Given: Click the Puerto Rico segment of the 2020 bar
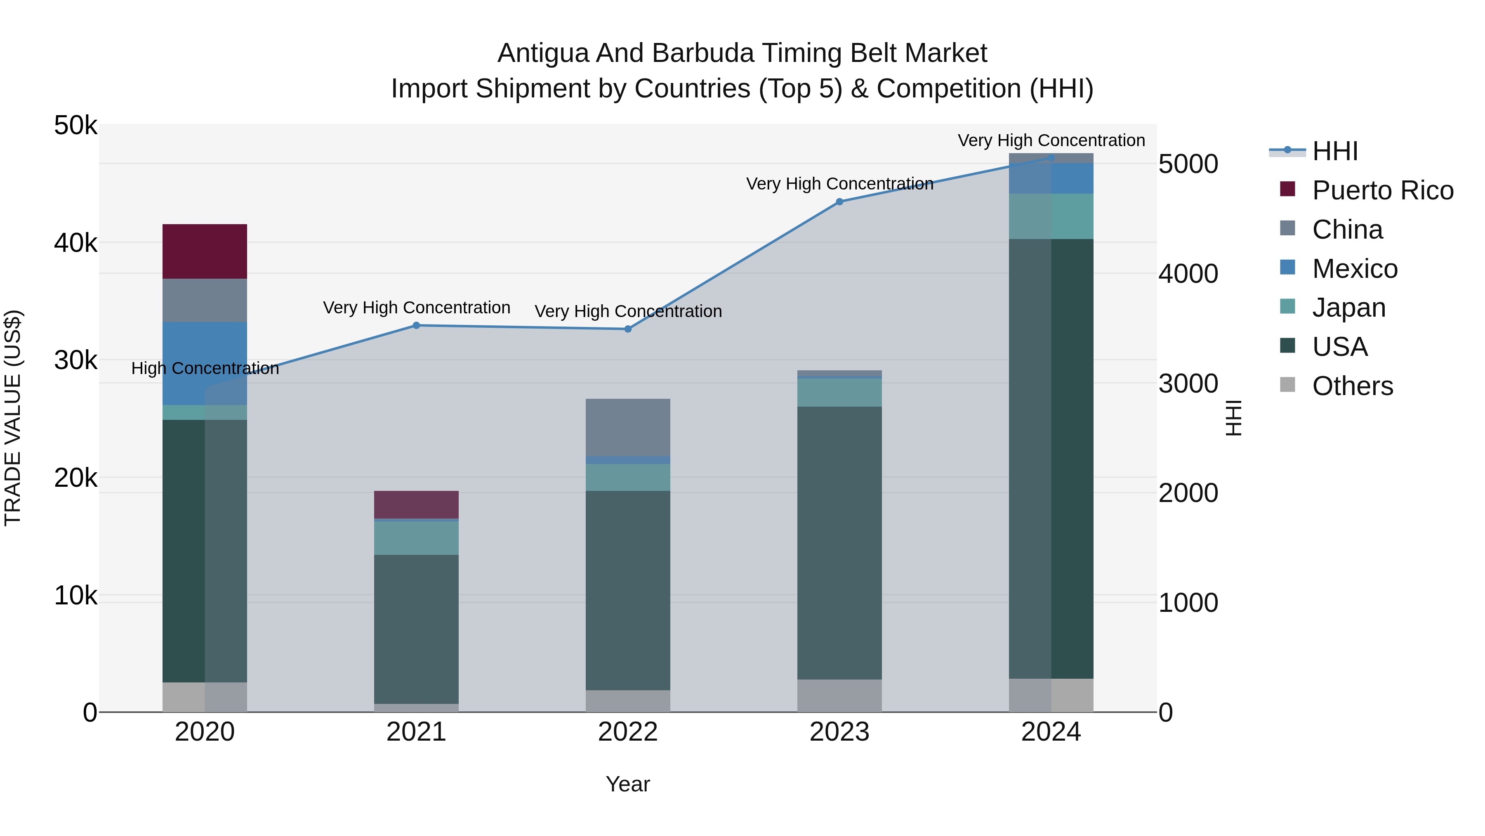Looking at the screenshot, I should [205, 251].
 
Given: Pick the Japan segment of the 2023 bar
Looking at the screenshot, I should [839, 392].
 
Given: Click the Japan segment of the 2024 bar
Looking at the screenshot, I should [1051, 216].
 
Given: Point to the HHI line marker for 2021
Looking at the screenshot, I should [416, 325].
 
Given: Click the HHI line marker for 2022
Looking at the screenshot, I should [628, 329].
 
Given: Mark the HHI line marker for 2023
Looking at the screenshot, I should [839, 202].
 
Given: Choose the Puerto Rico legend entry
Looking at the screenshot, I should [1382, 190].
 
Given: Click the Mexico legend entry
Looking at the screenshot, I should [1355, 269].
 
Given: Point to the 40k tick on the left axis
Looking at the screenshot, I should [75, 243].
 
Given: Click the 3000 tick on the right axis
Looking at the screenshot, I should [1188, 384].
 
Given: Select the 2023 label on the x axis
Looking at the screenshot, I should [839, 732].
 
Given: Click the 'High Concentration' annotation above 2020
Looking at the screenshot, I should [205, 368].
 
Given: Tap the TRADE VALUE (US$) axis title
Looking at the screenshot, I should [13, 418].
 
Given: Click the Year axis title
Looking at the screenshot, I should [628, 784].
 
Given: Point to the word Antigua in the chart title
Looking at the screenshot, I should [542, 53].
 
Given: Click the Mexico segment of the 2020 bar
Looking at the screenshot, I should [205, 363].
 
